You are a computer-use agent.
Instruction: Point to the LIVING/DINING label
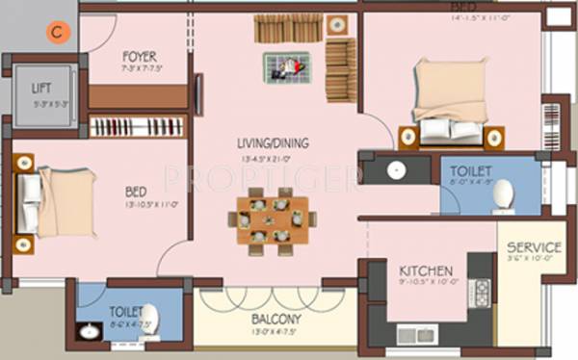[x=273, y=144]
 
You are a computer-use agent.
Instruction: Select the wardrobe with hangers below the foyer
[x=138, y=126]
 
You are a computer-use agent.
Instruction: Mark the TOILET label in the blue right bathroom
[x=472, y=171]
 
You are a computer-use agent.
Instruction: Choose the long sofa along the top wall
[x=289, y=28]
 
